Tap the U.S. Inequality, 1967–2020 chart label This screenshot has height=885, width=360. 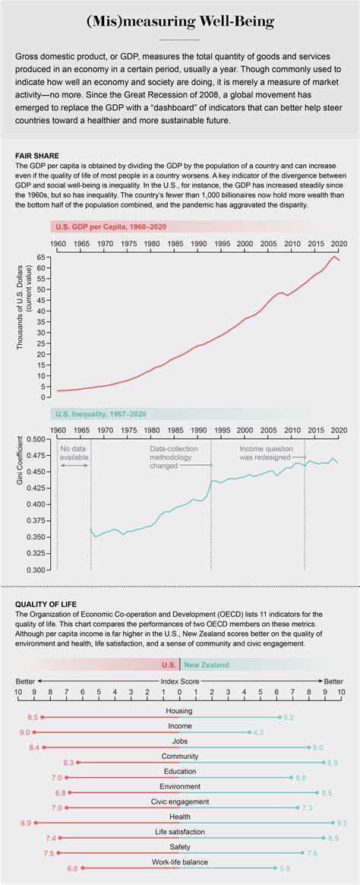point(100,414)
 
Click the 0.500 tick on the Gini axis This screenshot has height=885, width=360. point(36,439)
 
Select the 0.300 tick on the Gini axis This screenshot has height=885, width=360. point(36,570)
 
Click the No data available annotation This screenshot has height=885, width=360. point(74,453)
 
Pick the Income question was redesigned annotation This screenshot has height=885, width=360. point(273,453)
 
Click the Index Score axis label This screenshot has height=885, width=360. point(180,681)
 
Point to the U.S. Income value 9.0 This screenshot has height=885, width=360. point(24,732)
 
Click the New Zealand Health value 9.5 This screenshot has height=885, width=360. point(342,823)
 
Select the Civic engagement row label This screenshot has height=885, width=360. point(180,801)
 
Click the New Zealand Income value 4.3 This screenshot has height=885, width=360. point(258,732)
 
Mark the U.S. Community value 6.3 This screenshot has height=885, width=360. point(68,762)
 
